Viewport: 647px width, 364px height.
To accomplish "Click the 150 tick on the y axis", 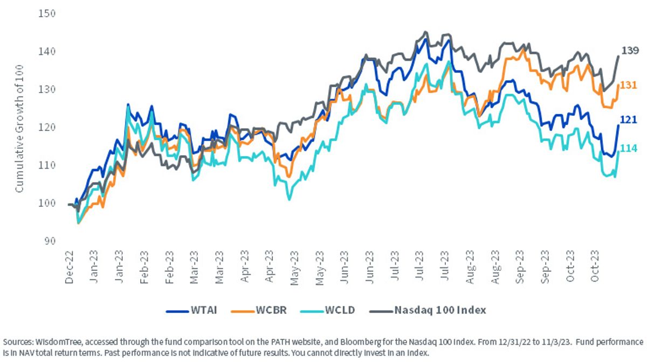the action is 47,13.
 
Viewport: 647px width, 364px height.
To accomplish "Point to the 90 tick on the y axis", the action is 50,241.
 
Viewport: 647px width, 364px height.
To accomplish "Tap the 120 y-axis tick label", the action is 47,127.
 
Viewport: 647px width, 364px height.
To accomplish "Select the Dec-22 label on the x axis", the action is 70,268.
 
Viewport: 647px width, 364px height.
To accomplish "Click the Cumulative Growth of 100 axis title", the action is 19,129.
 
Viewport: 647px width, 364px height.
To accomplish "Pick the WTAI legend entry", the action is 191,310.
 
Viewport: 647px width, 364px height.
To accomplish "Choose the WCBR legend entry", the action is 259,310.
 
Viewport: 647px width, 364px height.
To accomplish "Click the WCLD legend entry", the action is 328,310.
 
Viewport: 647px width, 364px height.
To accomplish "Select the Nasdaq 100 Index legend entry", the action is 428,310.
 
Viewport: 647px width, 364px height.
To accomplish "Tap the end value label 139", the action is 630,51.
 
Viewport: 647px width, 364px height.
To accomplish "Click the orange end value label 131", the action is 629,85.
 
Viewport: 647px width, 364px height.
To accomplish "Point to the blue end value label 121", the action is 629,120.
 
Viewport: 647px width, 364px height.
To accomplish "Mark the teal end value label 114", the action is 629,148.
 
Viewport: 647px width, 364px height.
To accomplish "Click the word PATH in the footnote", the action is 280,342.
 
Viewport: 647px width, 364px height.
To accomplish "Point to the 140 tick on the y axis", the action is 47,51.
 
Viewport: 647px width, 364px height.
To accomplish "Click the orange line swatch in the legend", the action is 242,311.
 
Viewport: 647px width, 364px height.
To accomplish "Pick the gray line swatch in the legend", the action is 381,311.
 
